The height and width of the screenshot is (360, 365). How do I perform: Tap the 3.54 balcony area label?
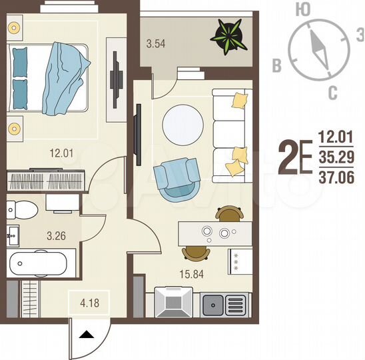click(x=155, y=45)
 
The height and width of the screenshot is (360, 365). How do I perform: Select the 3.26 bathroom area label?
click(x=38, y=235)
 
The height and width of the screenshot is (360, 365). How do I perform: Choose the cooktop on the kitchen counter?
click(x=173, y=304)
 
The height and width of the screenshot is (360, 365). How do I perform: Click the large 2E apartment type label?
click(x=294, y=158)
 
